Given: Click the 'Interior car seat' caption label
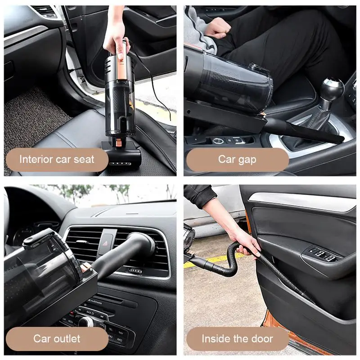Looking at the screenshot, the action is coord(57,160).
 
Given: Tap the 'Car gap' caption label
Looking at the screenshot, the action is coord(238,160).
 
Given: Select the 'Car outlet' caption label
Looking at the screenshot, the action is coord(57,339).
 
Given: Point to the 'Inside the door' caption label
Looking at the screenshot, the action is coord(238,339).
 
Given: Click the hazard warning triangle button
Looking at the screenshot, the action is coord(106,242).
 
